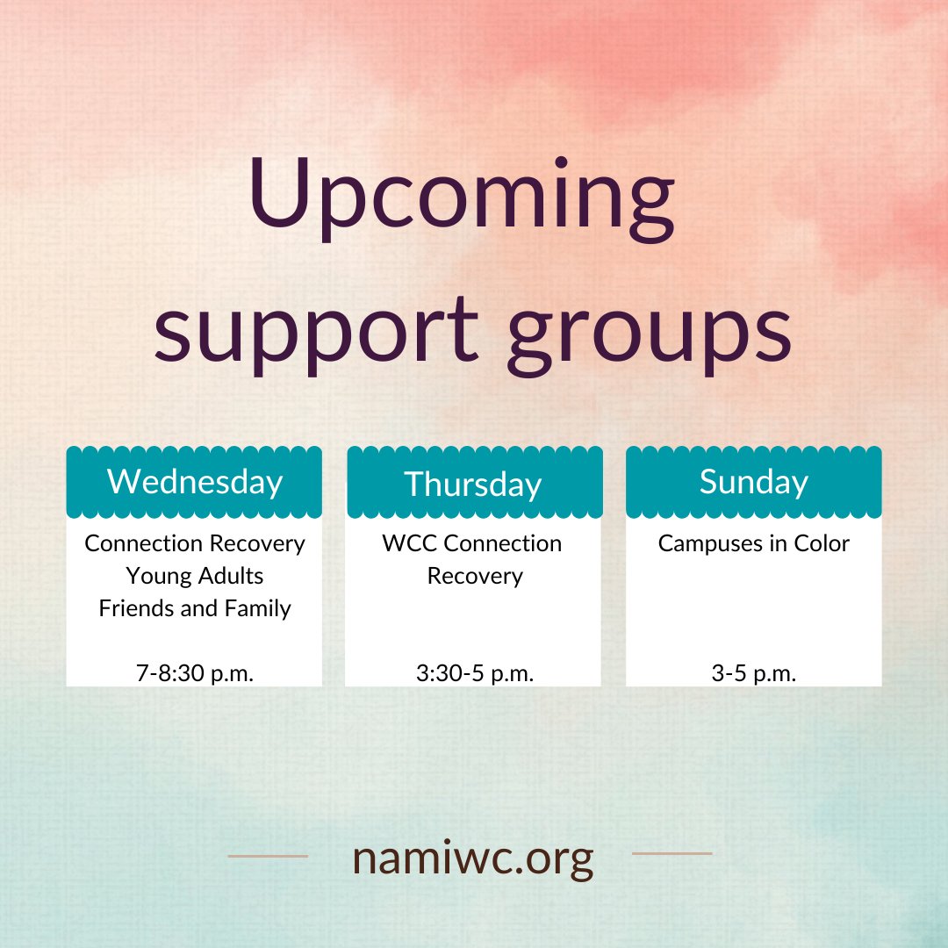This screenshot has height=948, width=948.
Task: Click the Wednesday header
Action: pyautogui.click(x=194, y=482)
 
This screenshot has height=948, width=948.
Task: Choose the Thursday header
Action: pyautogui.click(x=472, y=485)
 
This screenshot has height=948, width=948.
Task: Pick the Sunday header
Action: pyautogui.click(x=753, y=482)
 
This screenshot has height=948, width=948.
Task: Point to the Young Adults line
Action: pyautogui.click(x=194, y=576)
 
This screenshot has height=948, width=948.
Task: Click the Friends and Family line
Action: pyautogui.click(x=194, y=608)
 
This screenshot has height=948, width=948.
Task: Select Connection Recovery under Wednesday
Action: pyautogui.click(x=194, y=543)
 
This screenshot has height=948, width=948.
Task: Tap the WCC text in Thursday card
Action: pyautogui.click(x=410, y=543)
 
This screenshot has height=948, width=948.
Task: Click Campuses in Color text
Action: pyautogui.click(x=753, y=543)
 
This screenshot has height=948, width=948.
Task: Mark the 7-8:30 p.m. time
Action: pyautogui.click(x=194, y=674)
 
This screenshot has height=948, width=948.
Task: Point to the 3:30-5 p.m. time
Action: pyautogui.click(x=474, y=674)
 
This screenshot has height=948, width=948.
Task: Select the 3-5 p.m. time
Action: pyautogui.click(x=753, y=674)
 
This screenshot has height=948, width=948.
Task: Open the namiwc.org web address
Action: pyautogui.click(x=472, y=858)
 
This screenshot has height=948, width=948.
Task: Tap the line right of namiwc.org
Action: pyautogui.click(x=671, y=853)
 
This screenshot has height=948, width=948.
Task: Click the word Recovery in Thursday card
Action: pyautogui.click(x=474, y=576)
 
